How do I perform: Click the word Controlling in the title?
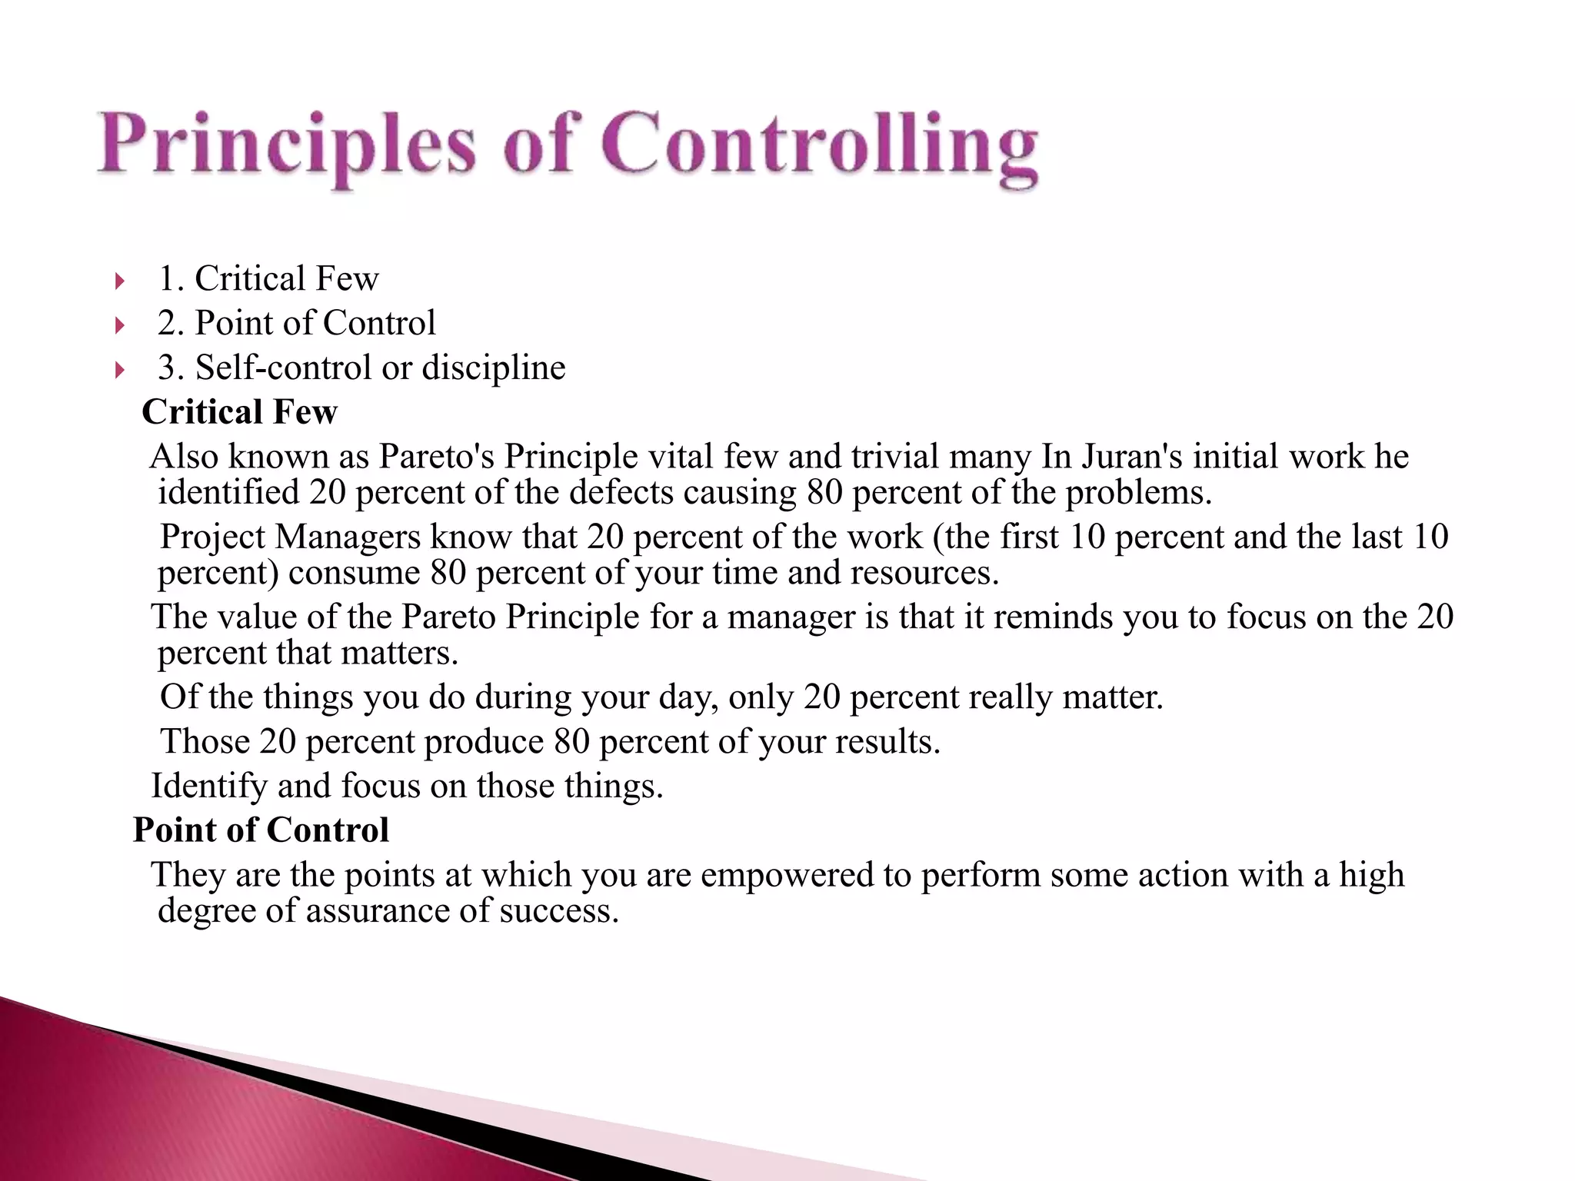pos(819,146)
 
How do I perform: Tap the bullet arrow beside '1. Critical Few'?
pos(119,281)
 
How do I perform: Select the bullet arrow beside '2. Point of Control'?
pos(119,326)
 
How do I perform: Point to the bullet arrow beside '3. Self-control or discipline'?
pos(119,371)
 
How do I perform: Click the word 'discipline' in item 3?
pos(494,368)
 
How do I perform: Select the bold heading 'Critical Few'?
pos(240,412)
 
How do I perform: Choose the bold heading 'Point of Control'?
pos(261,830)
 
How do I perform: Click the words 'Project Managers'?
pos(290,537)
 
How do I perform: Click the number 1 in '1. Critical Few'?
pos(166,278)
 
